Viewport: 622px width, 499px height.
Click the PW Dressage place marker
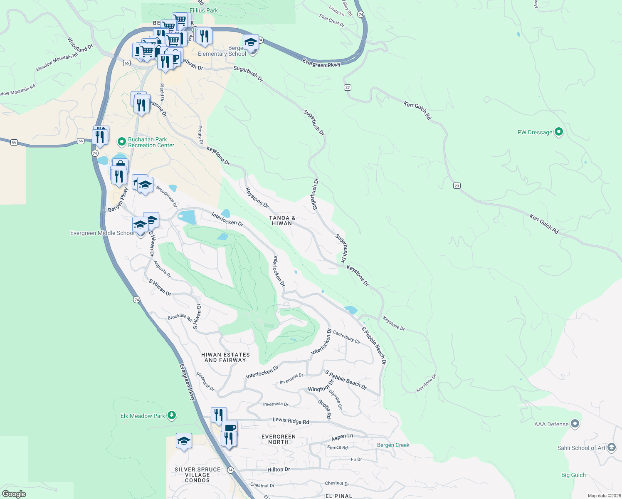(x=559, y=132)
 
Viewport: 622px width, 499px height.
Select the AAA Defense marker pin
(x=575, y=424)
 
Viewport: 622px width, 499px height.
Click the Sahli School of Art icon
(x=611, y=447)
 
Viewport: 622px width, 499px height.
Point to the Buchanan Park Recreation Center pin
(x=121, y=142)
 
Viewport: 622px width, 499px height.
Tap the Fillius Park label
(x=204, y=10)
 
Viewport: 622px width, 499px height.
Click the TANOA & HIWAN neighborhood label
(x=282, y=220)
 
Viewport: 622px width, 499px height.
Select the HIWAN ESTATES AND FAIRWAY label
(x=225, y=357)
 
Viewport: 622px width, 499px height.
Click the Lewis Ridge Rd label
(x=291, y=421)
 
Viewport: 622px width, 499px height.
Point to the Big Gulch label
(x=573, y=475)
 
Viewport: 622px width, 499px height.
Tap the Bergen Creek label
(x=393, y=445)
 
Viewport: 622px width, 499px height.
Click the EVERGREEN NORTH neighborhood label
(x=279, y=439)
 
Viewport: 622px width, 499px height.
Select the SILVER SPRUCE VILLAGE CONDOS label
(x=197, y=474)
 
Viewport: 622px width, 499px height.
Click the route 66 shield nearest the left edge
(x=14, y=142)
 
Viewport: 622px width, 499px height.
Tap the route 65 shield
(x=127, y=63)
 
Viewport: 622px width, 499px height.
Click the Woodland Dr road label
(x=80, y=45)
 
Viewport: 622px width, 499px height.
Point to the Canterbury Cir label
(x=347, y=337)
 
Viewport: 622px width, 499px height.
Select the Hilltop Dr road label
(x=279, y=469)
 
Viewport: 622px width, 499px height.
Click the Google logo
(x=14, y=494)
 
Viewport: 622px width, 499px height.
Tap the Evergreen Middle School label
(x=102, y=233)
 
